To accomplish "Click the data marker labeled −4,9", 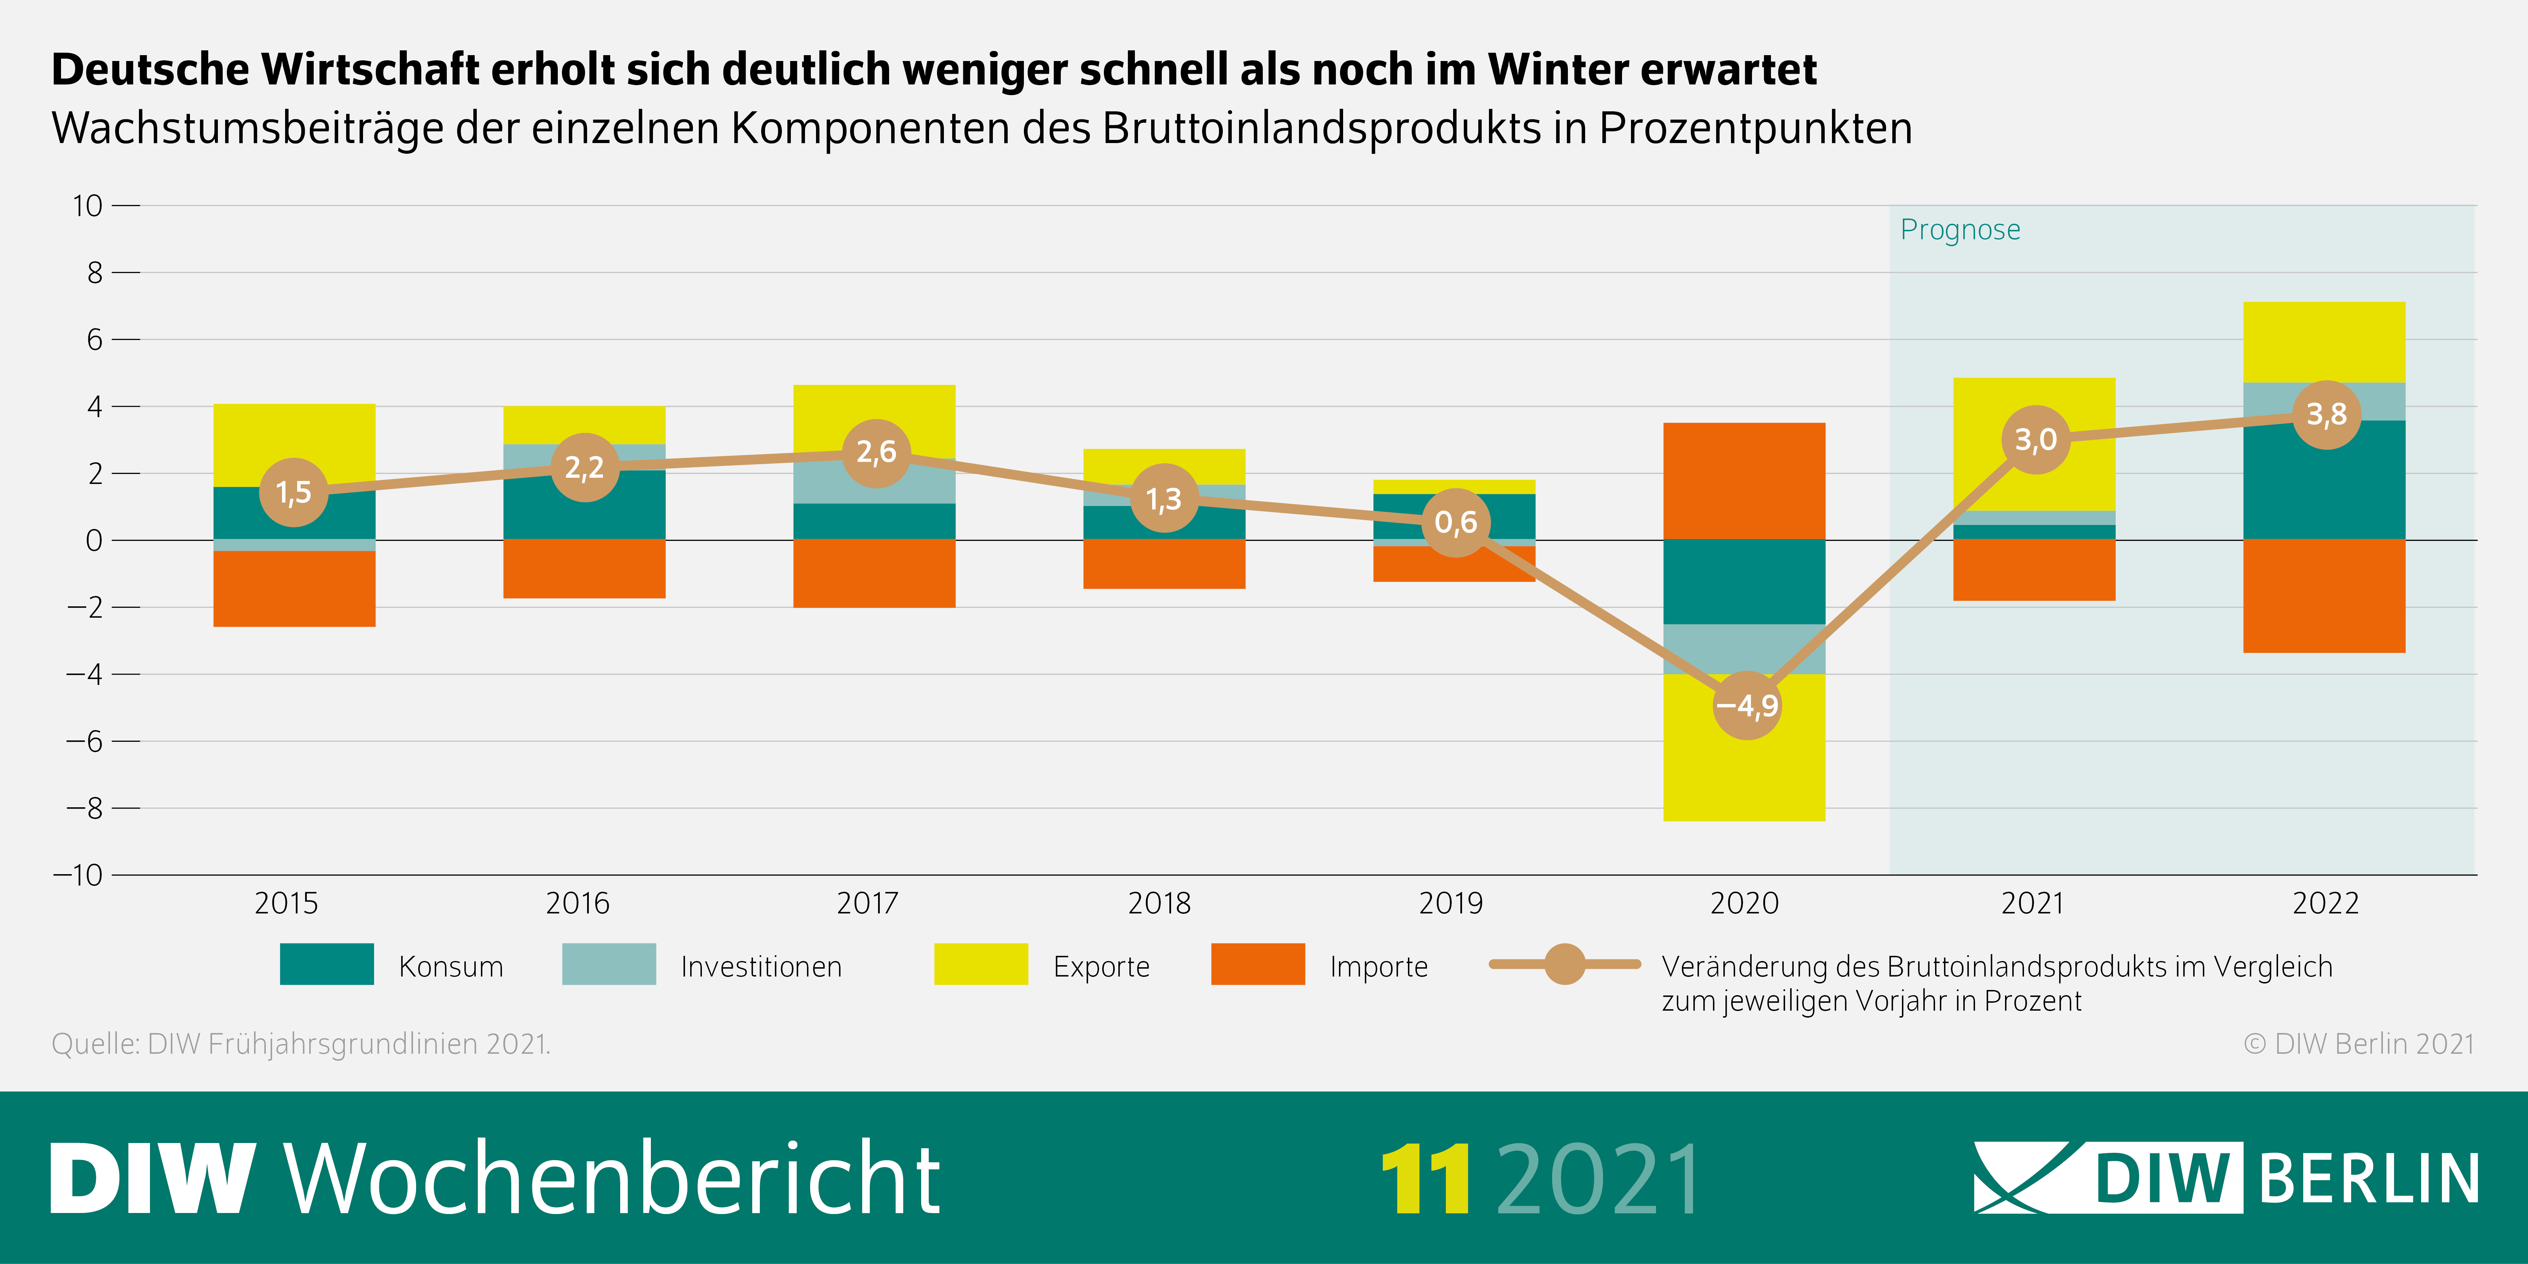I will tap(1747, 705).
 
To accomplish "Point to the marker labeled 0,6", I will tap(1456, 522).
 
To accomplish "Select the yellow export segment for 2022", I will tap(2324, 342).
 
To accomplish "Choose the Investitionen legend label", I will tap(761, 967).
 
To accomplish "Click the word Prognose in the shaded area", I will tap(1960, 230).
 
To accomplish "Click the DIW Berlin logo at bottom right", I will tap(2226, 1177).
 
